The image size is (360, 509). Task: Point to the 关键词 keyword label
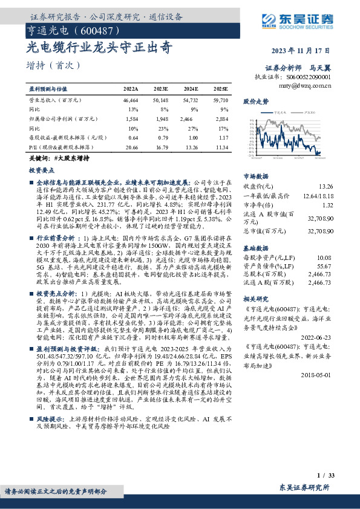[39, 158]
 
